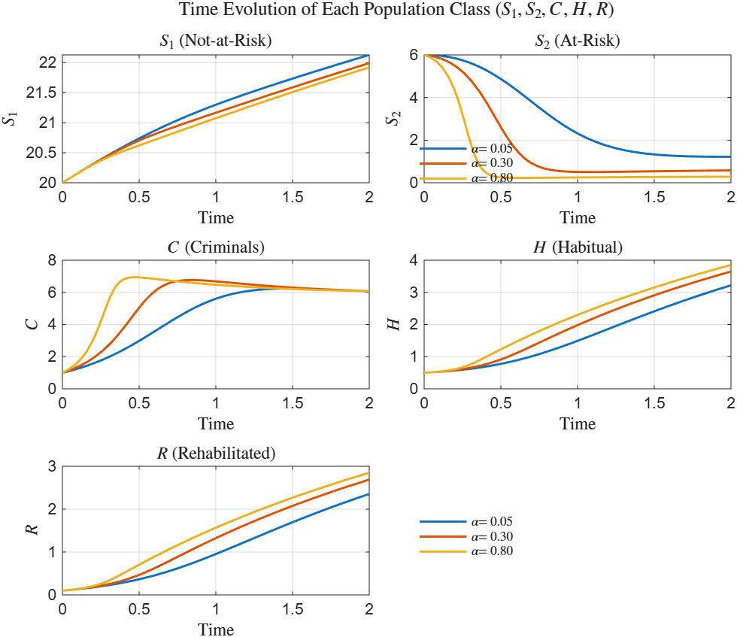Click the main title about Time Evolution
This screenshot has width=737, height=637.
368,11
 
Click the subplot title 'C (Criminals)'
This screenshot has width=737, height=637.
215,247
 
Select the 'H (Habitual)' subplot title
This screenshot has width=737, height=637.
578,247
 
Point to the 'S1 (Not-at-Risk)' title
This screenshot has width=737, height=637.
215,41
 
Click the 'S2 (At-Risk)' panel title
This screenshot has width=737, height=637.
578,41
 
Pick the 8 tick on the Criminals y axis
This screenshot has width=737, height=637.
52,261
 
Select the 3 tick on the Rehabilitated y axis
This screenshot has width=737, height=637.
52,466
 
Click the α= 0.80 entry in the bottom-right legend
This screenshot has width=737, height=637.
492,551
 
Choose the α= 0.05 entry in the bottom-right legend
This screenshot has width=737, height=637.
492,521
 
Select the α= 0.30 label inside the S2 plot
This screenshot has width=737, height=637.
492,163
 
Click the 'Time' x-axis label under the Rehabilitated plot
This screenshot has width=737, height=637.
216,629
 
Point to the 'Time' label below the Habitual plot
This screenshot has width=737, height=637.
578,423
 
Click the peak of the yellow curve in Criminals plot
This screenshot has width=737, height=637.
135,277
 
